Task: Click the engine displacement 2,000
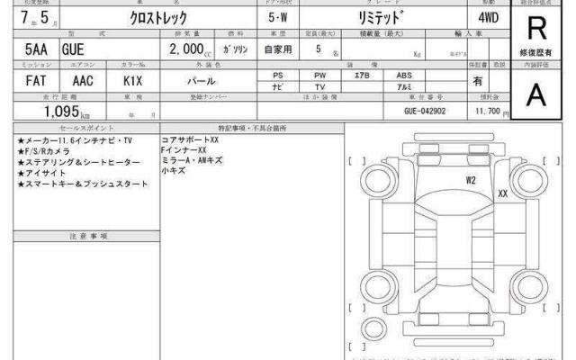pos(185,50)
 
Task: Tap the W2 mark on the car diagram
pos(471,180)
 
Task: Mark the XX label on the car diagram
pos(502,193)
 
